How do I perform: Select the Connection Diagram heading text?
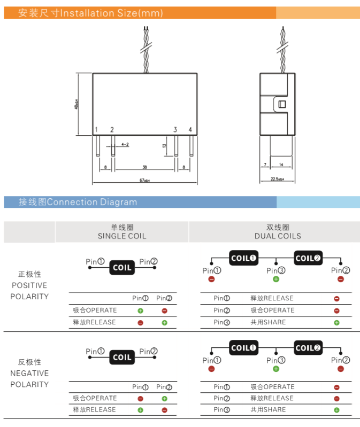(x=92, y=202)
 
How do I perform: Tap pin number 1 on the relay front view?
(x=96, y=130)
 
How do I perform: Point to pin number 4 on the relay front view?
(x=190, y=130)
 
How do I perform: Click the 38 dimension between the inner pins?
(x=145, y=167)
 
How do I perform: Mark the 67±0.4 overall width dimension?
(x=145, y=181)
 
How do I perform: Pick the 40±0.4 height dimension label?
(x=76, y=104)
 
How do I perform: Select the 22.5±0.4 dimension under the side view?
(x=277, y=179)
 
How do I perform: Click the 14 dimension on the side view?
(x=281, y=165)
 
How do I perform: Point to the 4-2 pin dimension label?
(x=125, y=144)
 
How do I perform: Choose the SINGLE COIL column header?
(x=122, y=236)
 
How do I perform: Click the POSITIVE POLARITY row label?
(x=29, y=285)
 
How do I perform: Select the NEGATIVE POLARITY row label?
(x=29, y=373)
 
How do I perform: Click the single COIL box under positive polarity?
(x=122, y=267)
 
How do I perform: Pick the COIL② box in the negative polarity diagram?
(x=308, y=348)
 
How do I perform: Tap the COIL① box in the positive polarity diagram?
(x=243, y=258)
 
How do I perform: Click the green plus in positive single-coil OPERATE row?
(x=140, y=310)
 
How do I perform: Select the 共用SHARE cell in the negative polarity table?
(x=268, y=410)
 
